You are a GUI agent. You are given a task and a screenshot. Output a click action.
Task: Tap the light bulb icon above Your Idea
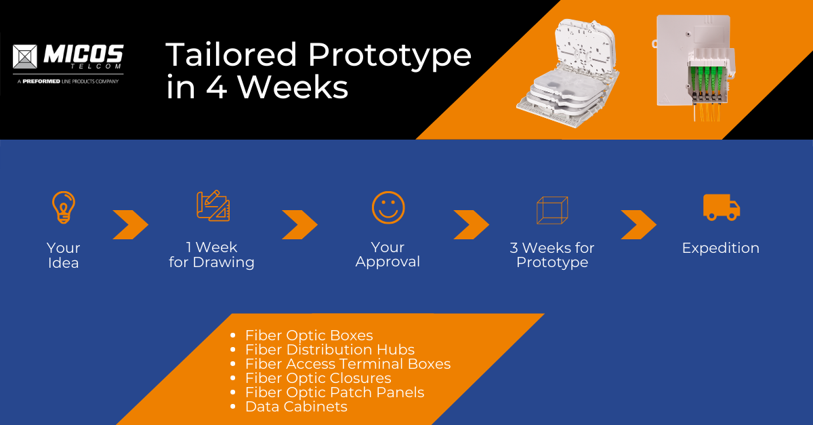64,207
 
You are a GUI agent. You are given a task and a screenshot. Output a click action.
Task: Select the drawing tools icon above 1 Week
213,207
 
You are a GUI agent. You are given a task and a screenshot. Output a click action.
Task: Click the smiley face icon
388,207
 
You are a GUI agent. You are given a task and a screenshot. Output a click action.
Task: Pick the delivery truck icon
722,207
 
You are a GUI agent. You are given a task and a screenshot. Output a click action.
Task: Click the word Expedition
720,248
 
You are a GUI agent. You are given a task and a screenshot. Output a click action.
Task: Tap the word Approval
388,262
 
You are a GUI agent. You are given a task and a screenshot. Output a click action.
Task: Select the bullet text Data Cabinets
296,407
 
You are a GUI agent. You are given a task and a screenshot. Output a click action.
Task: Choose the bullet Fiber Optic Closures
318,378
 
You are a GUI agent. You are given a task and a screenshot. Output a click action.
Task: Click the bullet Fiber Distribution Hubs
329,350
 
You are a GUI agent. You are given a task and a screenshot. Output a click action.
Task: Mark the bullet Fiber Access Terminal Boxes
348,364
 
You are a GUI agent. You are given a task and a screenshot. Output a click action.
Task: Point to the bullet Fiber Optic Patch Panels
335,392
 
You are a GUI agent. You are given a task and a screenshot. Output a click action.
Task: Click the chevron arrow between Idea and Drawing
130,225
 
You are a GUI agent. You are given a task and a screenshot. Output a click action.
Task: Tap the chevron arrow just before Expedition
638,225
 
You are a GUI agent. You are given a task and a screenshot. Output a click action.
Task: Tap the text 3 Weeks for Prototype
551,255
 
